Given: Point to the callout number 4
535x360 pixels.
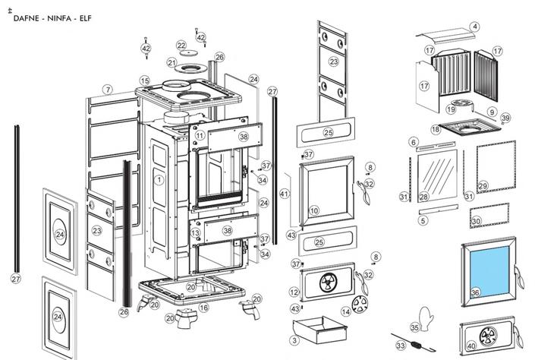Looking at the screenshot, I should tap(474, 27).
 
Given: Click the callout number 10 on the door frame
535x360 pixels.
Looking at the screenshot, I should tap(314, 210).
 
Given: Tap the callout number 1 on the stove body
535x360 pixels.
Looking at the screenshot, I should tap(159, 180).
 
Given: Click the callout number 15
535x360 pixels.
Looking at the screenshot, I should tap(144, 81).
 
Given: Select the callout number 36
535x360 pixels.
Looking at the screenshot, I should tap(475, 292).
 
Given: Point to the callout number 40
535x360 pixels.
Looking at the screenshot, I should tap(471, 346).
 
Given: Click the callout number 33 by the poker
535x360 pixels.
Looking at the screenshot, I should tap(401, 346).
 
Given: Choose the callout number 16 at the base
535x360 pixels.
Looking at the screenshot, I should tap(203, 308).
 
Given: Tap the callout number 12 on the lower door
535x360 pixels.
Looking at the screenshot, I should tap(294, 292).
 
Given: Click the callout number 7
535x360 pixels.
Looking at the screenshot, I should tap(109, 90).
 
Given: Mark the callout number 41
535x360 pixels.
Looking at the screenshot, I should tap(285, 194).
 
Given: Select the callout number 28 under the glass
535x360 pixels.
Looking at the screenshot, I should tap(423, 197).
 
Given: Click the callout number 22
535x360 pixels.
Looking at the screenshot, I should tap(181, 46).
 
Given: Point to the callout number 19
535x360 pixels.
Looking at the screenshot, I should tap(451, 109).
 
